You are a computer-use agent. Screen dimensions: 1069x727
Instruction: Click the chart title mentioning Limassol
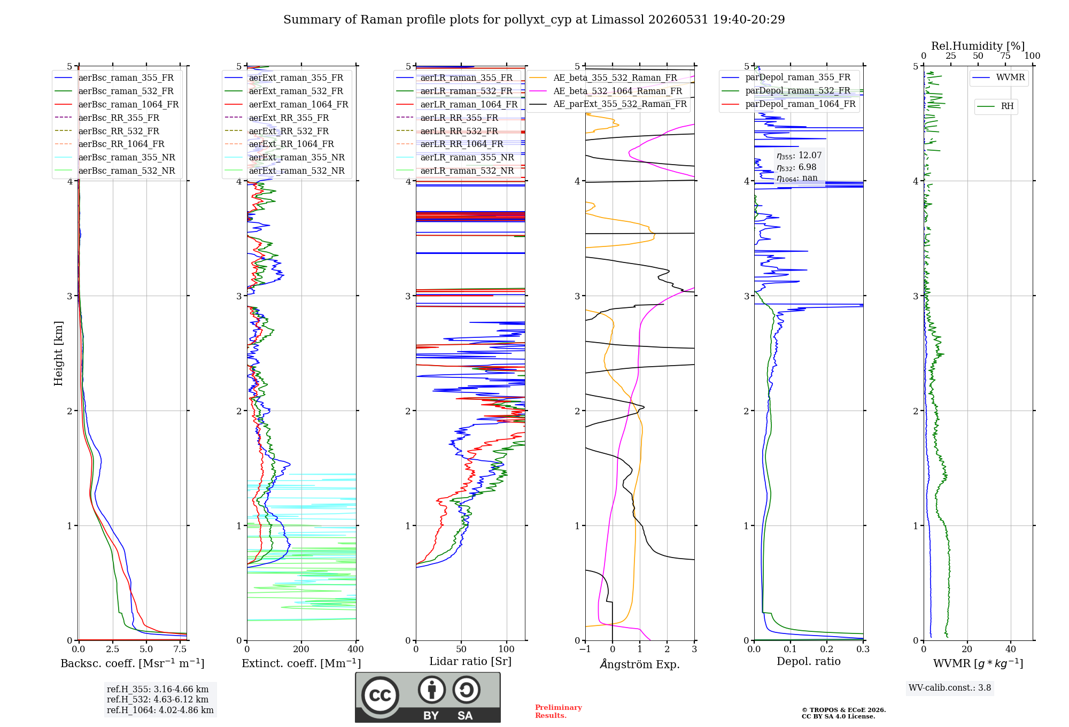(534, 20)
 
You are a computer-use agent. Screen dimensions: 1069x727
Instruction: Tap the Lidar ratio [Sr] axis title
(470, 661)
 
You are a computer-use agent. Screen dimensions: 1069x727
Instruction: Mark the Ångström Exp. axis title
(640, 664)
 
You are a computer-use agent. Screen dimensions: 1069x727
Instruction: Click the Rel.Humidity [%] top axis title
(978, 46)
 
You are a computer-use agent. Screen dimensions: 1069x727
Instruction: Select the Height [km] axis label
(58, 353)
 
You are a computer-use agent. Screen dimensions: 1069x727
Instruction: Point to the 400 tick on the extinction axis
(355, 649)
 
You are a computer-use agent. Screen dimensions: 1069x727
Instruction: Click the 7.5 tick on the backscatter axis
(180, 649)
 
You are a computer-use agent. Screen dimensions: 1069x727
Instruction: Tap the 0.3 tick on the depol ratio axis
(863, 649)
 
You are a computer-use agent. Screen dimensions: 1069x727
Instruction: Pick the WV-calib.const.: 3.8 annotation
(950, 688)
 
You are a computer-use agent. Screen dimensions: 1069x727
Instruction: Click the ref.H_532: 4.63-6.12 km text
(158, 699)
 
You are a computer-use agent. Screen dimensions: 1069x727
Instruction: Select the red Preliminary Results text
(559, 711)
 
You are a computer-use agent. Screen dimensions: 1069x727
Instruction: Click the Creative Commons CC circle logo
(380, 695)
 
